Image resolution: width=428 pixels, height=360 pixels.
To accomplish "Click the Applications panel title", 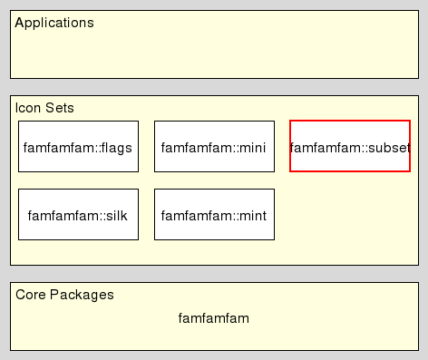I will point(54,23).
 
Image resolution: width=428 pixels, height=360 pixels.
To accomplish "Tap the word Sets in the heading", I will point(60,108).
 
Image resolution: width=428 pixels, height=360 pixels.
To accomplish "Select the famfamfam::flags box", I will point(78,146).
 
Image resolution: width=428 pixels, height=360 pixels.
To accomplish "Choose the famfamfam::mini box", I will point(214,146).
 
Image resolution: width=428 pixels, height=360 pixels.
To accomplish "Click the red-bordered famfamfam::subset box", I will point(350,146).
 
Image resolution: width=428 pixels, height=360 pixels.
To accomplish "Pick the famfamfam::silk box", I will point(78,215).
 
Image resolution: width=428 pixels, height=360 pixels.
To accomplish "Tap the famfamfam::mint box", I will point(214,215).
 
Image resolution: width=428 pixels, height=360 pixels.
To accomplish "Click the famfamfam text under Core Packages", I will point(214,318).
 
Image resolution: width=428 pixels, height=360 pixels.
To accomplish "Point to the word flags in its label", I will point(117,147).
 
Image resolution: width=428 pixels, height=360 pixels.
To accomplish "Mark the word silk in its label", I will point(117,216).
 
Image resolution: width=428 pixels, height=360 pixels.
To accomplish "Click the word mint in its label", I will point(251,216).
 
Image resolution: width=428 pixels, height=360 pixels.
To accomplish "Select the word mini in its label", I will point(251,147).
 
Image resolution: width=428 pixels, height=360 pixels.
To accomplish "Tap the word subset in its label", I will point(390,147).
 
